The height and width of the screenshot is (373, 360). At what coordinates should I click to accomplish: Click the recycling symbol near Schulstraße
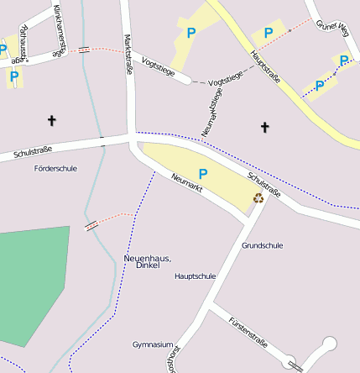tap(258, 198)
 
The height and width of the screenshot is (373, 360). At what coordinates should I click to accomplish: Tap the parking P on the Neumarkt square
tap(202, 173)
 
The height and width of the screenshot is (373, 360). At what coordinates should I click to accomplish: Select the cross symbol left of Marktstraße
tap(51, 121)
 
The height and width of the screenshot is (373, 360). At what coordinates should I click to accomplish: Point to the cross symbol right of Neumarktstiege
tap(265, 128)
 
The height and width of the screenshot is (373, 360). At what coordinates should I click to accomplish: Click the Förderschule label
tap(55, 168)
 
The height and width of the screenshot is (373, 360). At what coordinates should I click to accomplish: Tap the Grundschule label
tap(262, 245)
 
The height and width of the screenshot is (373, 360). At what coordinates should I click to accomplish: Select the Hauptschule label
tap(195, 276)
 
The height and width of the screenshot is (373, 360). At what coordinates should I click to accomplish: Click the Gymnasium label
tap(153, 344)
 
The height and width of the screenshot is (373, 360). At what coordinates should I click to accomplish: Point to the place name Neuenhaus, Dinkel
tap(147, 261)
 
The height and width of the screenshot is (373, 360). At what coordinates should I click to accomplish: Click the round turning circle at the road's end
tap(330, 343)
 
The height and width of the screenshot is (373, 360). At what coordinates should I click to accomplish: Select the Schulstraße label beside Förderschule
tap(33, 152)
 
